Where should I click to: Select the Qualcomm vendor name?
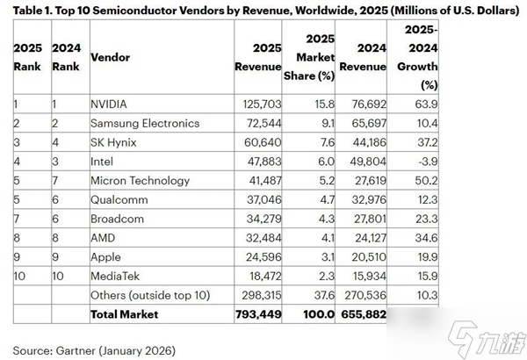[119, 199]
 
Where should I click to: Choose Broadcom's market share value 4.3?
[322, 219]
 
